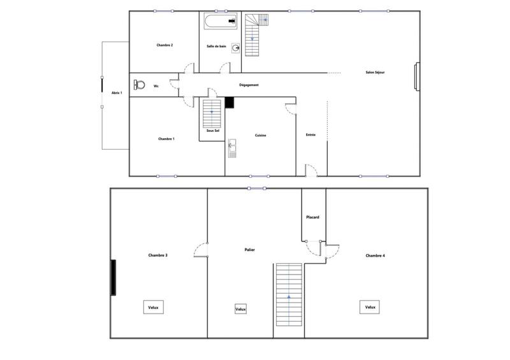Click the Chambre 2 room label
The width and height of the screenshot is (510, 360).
[165, 45]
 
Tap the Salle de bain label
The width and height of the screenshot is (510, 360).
[217, 46]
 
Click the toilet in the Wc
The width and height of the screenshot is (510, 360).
[139, 85]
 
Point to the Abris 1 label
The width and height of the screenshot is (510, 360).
[117, 92]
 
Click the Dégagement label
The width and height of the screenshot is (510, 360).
[249, 85]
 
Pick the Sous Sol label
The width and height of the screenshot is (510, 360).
[212, 131]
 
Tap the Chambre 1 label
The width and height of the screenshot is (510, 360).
[166, 138]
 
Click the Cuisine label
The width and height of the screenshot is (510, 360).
[260, 135]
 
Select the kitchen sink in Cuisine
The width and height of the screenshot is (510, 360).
[232, 148]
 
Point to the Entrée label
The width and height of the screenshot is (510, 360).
[311, 134]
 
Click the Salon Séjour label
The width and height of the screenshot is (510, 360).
[375, 72]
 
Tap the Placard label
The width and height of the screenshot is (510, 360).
[312, 217]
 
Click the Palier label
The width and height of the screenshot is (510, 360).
[250, 250]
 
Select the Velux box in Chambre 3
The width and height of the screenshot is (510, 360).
[154, 306]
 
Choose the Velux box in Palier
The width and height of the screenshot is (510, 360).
[240, 309]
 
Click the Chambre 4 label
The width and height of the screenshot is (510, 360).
[375, 256]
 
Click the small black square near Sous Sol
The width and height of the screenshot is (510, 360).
[230, 103]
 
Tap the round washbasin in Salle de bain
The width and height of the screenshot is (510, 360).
[235, 47]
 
